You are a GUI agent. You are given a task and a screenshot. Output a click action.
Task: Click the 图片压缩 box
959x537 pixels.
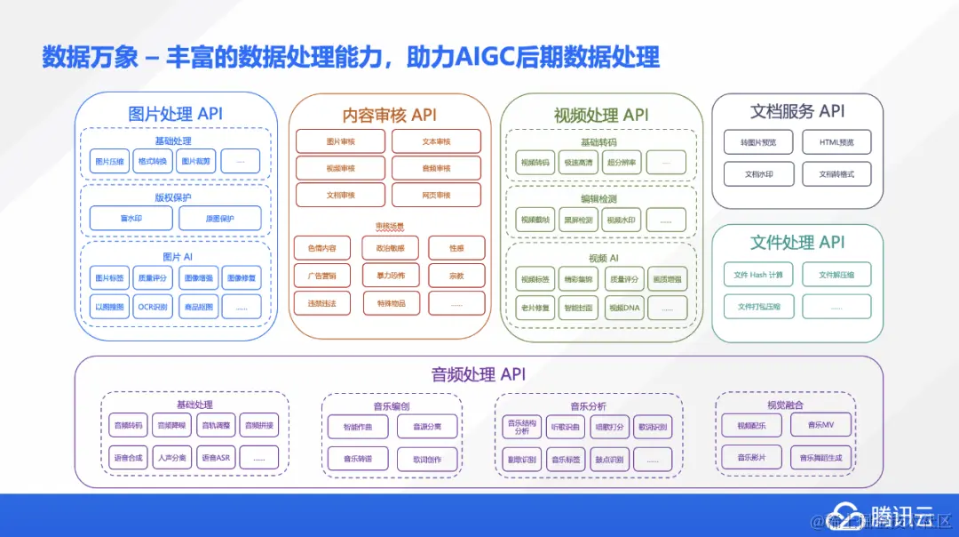(x=110, y=162)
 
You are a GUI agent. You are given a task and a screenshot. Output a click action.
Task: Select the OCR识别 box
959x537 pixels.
(x=152, y=307)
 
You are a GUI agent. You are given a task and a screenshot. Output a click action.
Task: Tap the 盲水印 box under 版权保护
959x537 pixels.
(x=131, y=219)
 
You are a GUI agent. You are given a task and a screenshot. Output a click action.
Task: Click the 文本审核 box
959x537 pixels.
(x=436, y=141)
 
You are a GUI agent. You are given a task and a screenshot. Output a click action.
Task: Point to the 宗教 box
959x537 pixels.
(x=456, y=276)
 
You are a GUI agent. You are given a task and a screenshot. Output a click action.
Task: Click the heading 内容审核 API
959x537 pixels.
(x=389, y=116)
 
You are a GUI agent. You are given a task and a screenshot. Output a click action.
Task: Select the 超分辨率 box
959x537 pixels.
(x=622, y=162)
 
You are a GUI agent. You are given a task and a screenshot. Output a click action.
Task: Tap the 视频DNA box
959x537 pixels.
(x=622, y=308)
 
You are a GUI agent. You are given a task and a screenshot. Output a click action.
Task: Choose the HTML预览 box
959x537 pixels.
(x=836, y=142)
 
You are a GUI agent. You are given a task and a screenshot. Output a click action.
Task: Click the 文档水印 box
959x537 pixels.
(x=757, y=174)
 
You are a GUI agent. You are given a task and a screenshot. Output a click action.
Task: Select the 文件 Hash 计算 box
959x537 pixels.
(x=757, y=275)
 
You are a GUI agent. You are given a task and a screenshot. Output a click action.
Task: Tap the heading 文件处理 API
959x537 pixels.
(x=797, y=243)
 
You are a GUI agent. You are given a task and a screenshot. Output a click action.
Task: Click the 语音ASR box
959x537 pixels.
(x=215, y=458)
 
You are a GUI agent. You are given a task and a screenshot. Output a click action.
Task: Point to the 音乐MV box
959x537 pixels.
(x=820, y=425)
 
